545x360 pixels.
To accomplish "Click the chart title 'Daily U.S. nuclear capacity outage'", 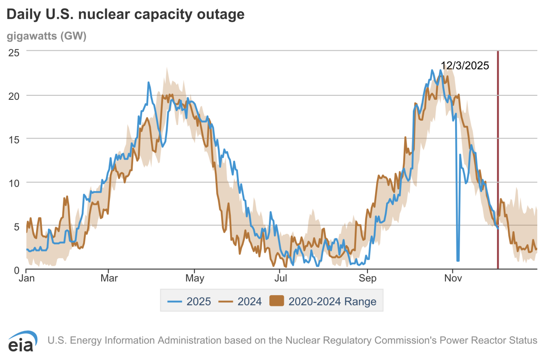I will click(125, 15).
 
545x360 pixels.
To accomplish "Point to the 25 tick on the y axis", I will click(14, 52).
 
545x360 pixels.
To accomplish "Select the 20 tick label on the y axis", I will click(14, 96).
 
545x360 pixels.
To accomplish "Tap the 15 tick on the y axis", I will click(14, 139).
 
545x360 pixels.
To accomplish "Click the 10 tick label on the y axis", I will click(14, 182).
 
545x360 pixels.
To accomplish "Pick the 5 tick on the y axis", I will click(17, 226).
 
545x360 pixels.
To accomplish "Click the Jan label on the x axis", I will click(27, 278).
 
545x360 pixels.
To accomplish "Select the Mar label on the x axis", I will click(109, 278).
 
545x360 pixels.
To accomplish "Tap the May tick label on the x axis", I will click(195, 278).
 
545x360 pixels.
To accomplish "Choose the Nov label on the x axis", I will click(453, 278).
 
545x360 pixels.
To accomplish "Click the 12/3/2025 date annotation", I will click(465, 66).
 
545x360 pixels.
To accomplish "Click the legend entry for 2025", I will click(189, 301).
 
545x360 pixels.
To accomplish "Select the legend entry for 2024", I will click(240, 301).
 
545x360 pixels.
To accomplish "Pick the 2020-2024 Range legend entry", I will click(323, 301).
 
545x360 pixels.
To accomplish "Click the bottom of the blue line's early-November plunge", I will click(458, 261).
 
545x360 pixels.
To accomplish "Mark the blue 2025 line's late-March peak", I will click(149, 83).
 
